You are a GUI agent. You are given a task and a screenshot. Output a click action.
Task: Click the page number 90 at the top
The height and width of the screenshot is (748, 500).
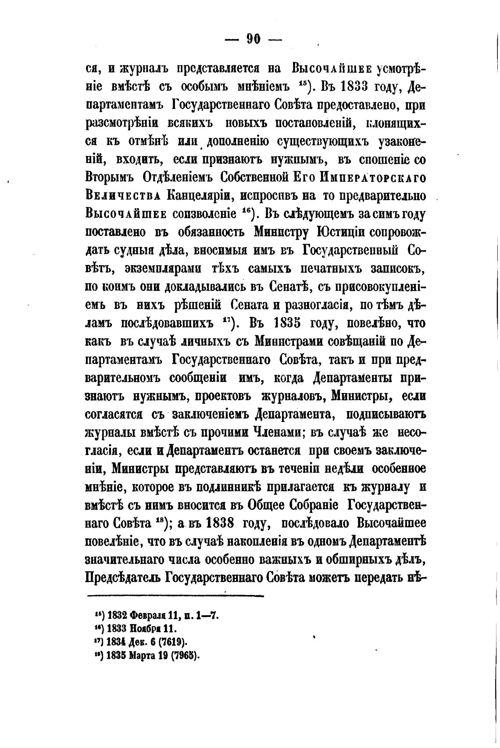[x=253, y=39]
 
